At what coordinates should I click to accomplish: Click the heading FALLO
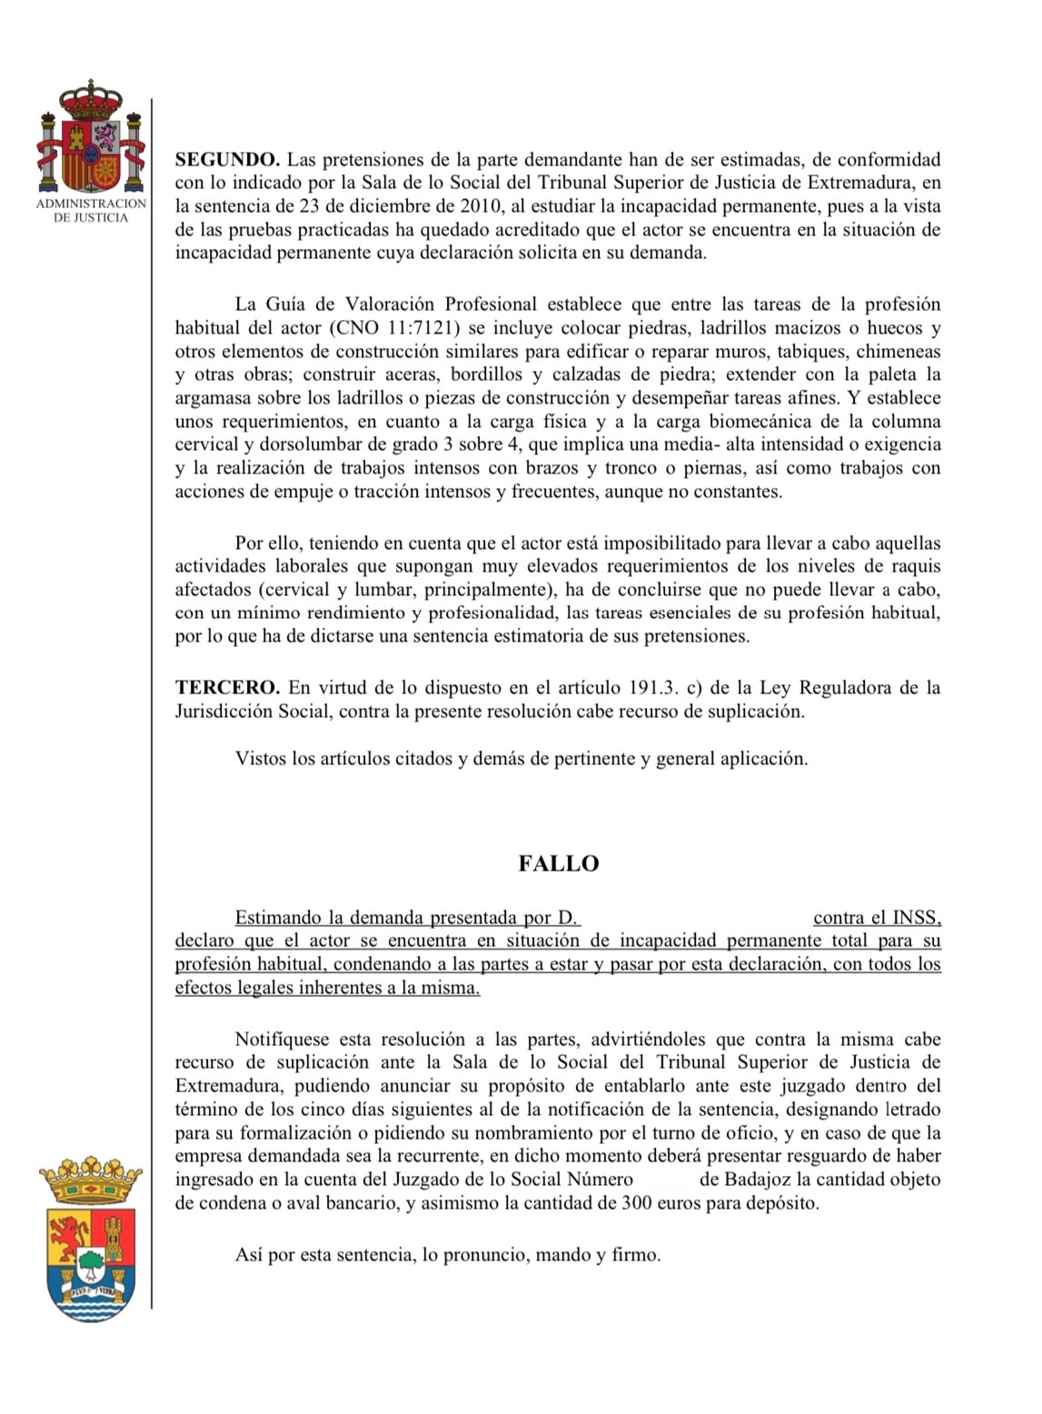(558, 863)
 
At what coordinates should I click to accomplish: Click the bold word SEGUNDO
(227, 160)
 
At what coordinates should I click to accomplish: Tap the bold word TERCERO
(226, 688)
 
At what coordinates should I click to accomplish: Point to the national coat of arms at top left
(90, 137)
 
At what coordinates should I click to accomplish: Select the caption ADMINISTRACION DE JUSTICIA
(91, 211)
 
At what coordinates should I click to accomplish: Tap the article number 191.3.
(651, 688)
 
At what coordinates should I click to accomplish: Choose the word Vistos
(261, 758)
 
